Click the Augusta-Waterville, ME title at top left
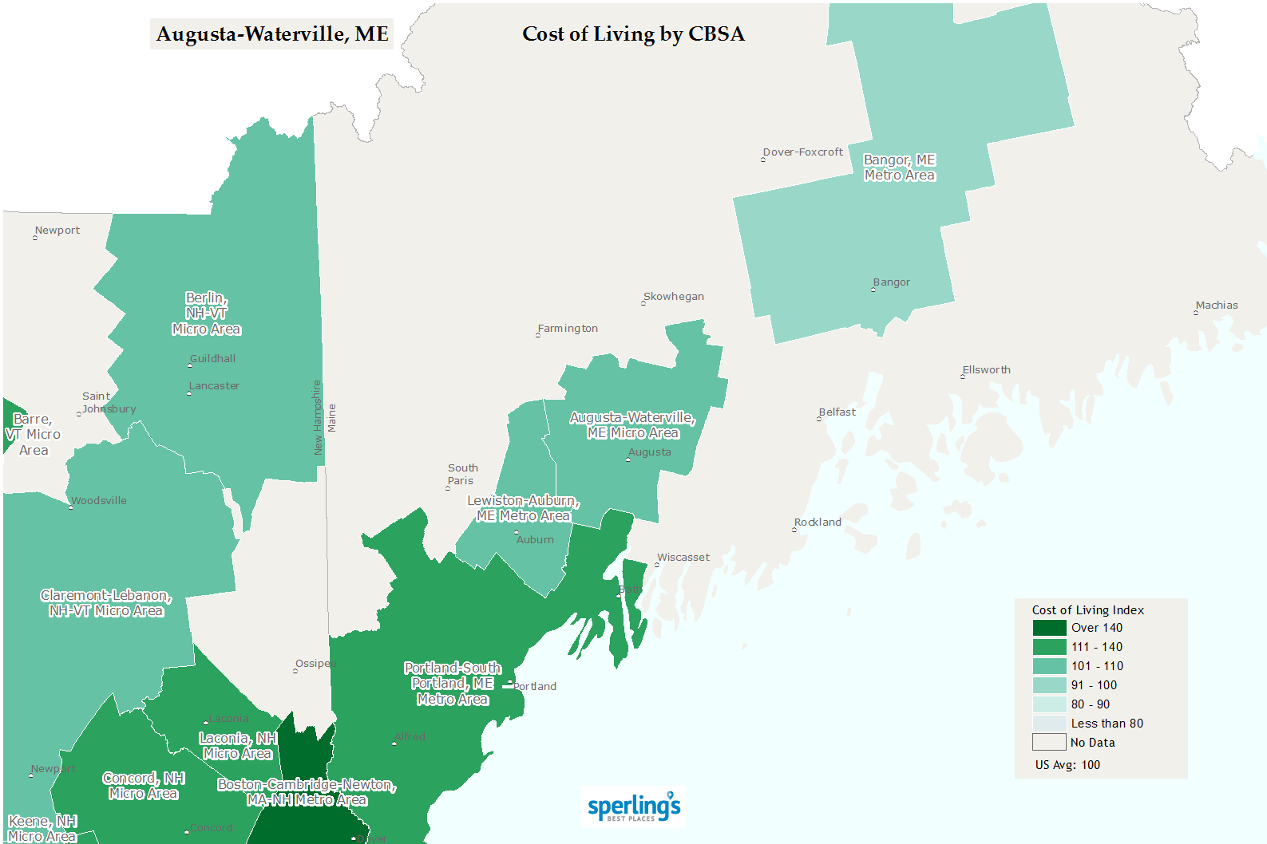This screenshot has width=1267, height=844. [x=272, y=34]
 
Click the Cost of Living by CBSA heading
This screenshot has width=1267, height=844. [x=633, y=34]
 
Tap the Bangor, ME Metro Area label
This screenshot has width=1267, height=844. [x=899, y=168]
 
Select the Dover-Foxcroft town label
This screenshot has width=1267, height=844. [x=803, y=152]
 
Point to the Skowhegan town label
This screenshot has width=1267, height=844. [x=674, y=297]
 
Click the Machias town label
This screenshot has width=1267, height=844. [x=1217, y=306]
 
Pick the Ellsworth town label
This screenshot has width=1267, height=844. [x=987, y=370]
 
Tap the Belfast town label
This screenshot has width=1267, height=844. [x=837, y=412]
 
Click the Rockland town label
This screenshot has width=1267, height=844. [x=818, y=523]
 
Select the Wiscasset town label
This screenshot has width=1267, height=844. [x=683, y=558]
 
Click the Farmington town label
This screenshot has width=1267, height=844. [x=568, y=329]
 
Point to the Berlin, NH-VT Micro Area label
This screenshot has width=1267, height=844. [x=206, y=314]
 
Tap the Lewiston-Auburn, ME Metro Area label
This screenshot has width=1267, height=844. [x=523, y=508]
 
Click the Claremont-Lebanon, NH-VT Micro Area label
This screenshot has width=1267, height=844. [x=106, y=603]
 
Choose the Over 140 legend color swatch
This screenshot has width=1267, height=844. [x=1049, y=628]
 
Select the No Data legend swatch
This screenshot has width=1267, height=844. [x=1049, y=743]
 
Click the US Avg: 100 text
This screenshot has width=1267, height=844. [x=1067, y=765]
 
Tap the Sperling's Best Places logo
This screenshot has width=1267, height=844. [x=634, y=807]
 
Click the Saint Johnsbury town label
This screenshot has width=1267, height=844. [x=109, y=403]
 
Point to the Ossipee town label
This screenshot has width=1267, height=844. [x=315, y=664]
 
